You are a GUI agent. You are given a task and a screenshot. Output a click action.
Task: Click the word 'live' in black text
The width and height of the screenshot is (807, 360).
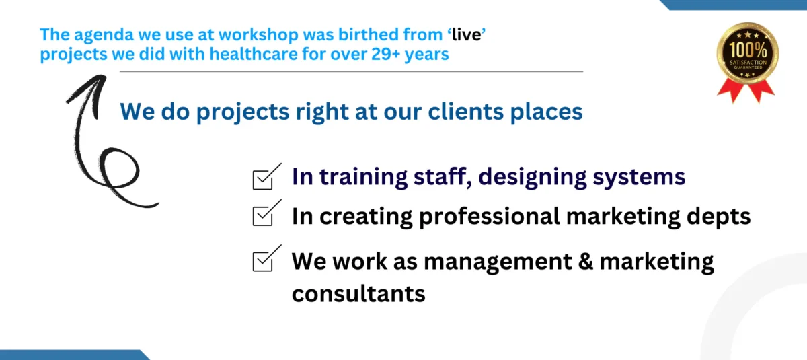click(467, 35)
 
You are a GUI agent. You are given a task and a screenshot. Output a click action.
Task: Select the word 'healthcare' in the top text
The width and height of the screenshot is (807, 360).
click(254, 55)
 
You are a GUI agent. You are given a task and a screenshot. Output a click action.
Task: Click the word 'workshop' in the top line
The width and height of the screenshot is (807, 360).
click(258, 35)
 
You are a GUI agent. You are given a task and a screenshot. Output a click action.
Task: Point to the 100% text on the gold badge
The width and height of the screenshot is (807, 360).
click(748, 50)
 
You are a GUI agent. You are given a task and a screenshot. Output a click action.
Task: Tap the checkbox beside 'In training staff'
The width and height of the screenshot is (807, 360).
click(263, 180)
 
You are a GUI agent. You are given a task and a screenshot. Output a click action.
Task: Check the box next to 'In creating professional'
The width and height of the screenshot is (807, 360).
click(263, 216)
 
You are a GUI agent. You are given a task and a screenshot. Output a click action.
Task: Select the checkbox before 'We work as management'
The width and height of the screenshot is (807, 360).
click(263, 261)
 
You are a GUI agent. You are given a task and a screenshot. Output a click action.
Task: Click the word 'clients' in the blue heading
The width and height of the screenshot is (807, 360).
click(466, 111)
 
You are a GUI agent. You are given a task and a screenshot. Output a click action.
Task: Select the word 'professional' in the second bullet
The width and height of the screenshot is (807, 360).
click(490, 217)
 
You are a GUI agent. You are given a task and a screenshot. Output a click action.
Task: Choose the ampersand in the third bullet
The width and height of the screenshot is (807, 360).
click(586, 261)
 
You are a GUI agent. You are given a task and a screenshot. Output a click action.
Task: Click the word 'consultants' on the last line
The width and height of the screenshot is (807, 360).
click(358, 294)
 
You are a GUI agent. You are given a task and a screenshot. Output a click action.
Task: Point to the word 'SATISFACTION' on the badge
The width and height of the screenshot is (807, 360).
click(748, 63)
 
